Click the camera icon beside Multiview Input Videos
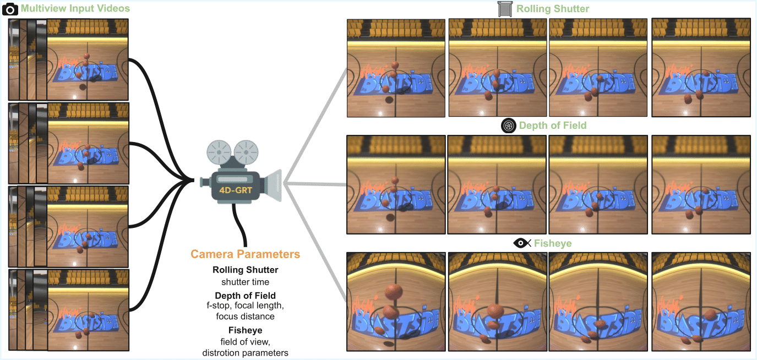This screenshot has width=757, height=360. point(10,9)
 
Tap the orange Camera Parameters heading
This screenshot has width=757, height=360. point(245,254)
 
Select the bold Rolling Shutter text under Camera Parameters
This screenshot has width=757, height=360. point(245,270)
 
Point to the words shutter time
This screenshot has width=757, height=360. point(245,282)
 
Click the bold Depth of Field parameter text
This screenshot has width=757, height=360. point(245,296)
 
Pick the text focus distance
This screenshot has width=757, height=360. point(245,317)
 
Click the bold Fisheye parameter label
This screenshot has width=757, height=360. point(245,330)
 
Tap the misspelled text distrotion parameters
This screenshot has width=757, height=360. point(245,353)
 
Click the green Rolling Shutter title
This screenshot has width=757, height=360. point(552,9)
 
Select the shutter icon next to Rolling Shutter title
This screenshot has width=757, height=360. point(504,9)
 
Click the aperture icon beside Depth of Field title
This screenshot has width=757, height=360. point(508,126)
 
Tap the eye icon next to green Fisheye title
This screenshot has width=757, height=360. point(521,243)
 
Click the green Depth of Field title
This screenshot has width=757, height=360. point(552,126)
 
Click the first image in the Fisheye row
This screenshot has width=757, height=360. point(395,301)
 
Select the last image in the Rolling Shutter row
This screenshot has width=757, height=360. point(700,68)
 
